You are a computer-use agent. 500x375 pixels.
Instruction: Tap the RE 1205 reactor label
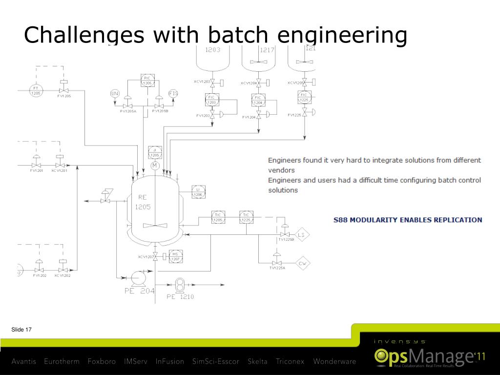tap(143, 202)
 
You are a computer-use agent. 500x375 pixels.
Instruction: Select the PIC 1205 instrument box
tap(147, 81)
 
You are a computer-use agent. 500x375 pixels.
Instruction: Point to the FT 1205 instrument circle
tap(36, 91)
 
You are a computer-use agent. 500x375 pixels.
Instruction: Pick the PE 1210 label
tap(180, 297)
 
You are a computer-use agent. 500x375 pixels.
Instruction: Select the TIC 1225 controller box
tap(246, 217)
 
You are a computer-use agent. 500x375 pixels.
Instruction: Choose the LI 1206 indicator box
tap(198, 192)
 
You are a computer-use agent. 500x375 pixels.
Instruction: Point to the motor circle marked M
tap(155, 167)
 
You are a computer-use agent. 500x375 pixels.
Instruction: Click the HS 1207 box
tap(175, 256)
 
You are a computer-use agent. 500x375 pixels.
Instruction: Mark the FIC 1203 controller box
tap(212, 100)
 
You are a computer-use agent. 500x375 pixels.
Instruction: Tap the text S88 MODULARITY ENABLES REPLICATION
tap(408, 220)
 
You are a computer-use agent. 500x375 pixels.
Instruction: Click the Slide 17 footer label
tap(21, 330)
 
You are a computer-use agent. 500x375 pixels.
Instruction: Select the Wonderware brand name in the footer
tap(334, 362)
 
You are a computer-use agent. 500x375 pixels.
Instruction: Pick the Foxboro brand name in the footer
tap(102, 362)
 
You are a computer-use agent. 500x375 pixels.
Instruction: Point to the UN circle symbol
tap(115, 94)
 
